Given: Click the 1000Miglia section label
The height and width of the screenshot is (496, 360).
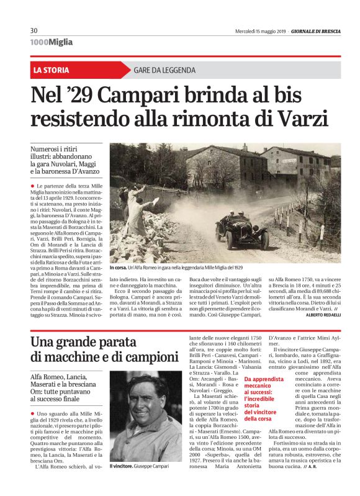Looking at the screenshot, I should click(x=52, y=42).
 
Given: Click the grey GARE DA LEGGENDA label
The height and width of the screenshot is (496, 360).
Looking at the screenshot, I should click(x=166, y=70).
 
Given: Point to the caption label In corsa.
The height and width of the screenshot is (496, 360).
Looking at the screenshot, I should click(x=118, y=268).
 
